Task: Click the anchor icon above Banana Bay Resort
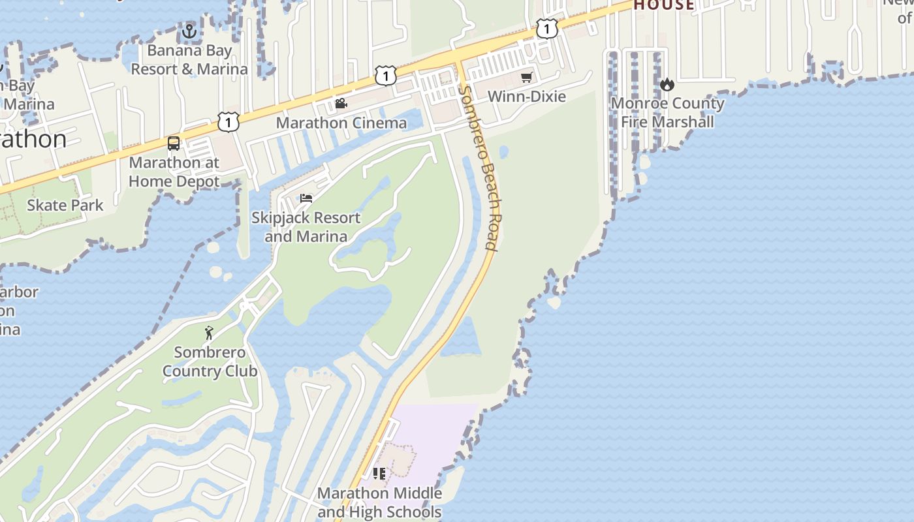click(x=189, y=31)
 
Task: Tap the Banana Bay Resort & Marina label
click(x=189, y=60)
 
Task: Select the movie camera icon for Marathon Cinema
click(x=341, y=103)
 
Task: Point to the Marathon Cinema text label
click(x=341, y=123)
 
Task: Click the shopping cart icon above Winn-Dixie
click(x=526, y=78)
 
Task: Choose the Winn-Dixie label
click(x=526, y=97)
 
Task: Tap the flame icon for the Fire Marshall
click(x=667, y=84)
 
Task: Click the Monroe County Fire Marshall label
click(x=667, y=112)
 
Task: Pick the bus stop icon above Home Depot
click(x=174, y=144)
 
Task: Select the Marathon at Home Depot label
click(x=174, y=172)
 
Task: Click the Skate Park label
click(x=65, y=206)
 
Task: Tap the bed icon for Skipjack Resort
click(x=306, y=198)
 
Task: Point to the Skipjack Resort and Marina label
click(x=306, y=226)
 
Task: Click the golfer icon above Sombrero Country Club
click(x=209, y=333)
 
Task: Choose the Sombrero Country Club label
click(x=210, y=361)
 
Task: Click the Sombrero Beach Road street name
click(x=481, y=168)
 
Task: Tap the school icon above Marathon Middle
click(x=379, y=474)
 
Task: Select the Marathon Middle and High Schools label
click(x=379, y=502)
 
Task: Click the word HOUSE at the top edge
click(x=664, y=5)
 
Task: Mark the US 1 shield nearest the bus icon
click(x=228, y=121)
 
